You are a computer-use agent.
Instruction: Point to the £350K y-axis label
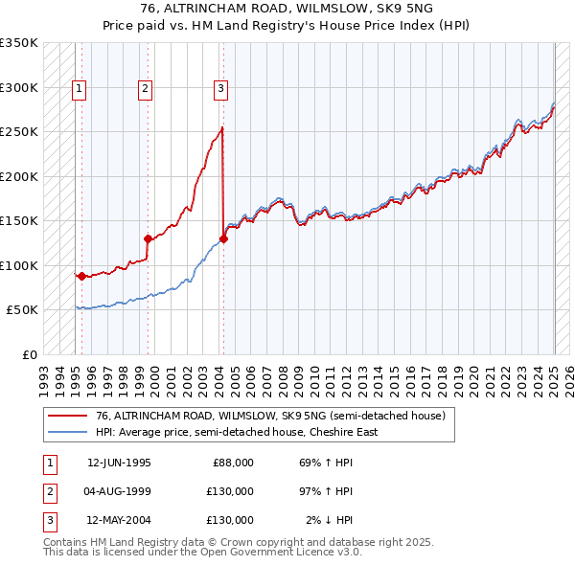pyautogui.click(x=18, y=43)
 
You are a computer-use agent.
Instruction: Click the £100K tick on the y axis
pyautogui.click(x=18, y=265)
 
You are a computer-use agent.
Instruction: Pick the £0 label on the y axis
pyautogui.click(x=29, y=354)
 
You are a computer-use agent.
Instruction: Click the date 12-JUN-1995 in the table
pyautogui.click(x=119, y=463)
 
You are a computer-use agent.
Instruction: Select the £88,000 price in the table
pyautogui.click(x=233, y=463)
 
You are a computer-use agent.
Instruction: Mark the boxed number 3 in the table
pyautogui.click(x=48, y=520)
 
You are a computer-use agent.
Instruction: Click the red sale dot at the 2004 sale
pyautogui.click(x=223, y=239)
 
